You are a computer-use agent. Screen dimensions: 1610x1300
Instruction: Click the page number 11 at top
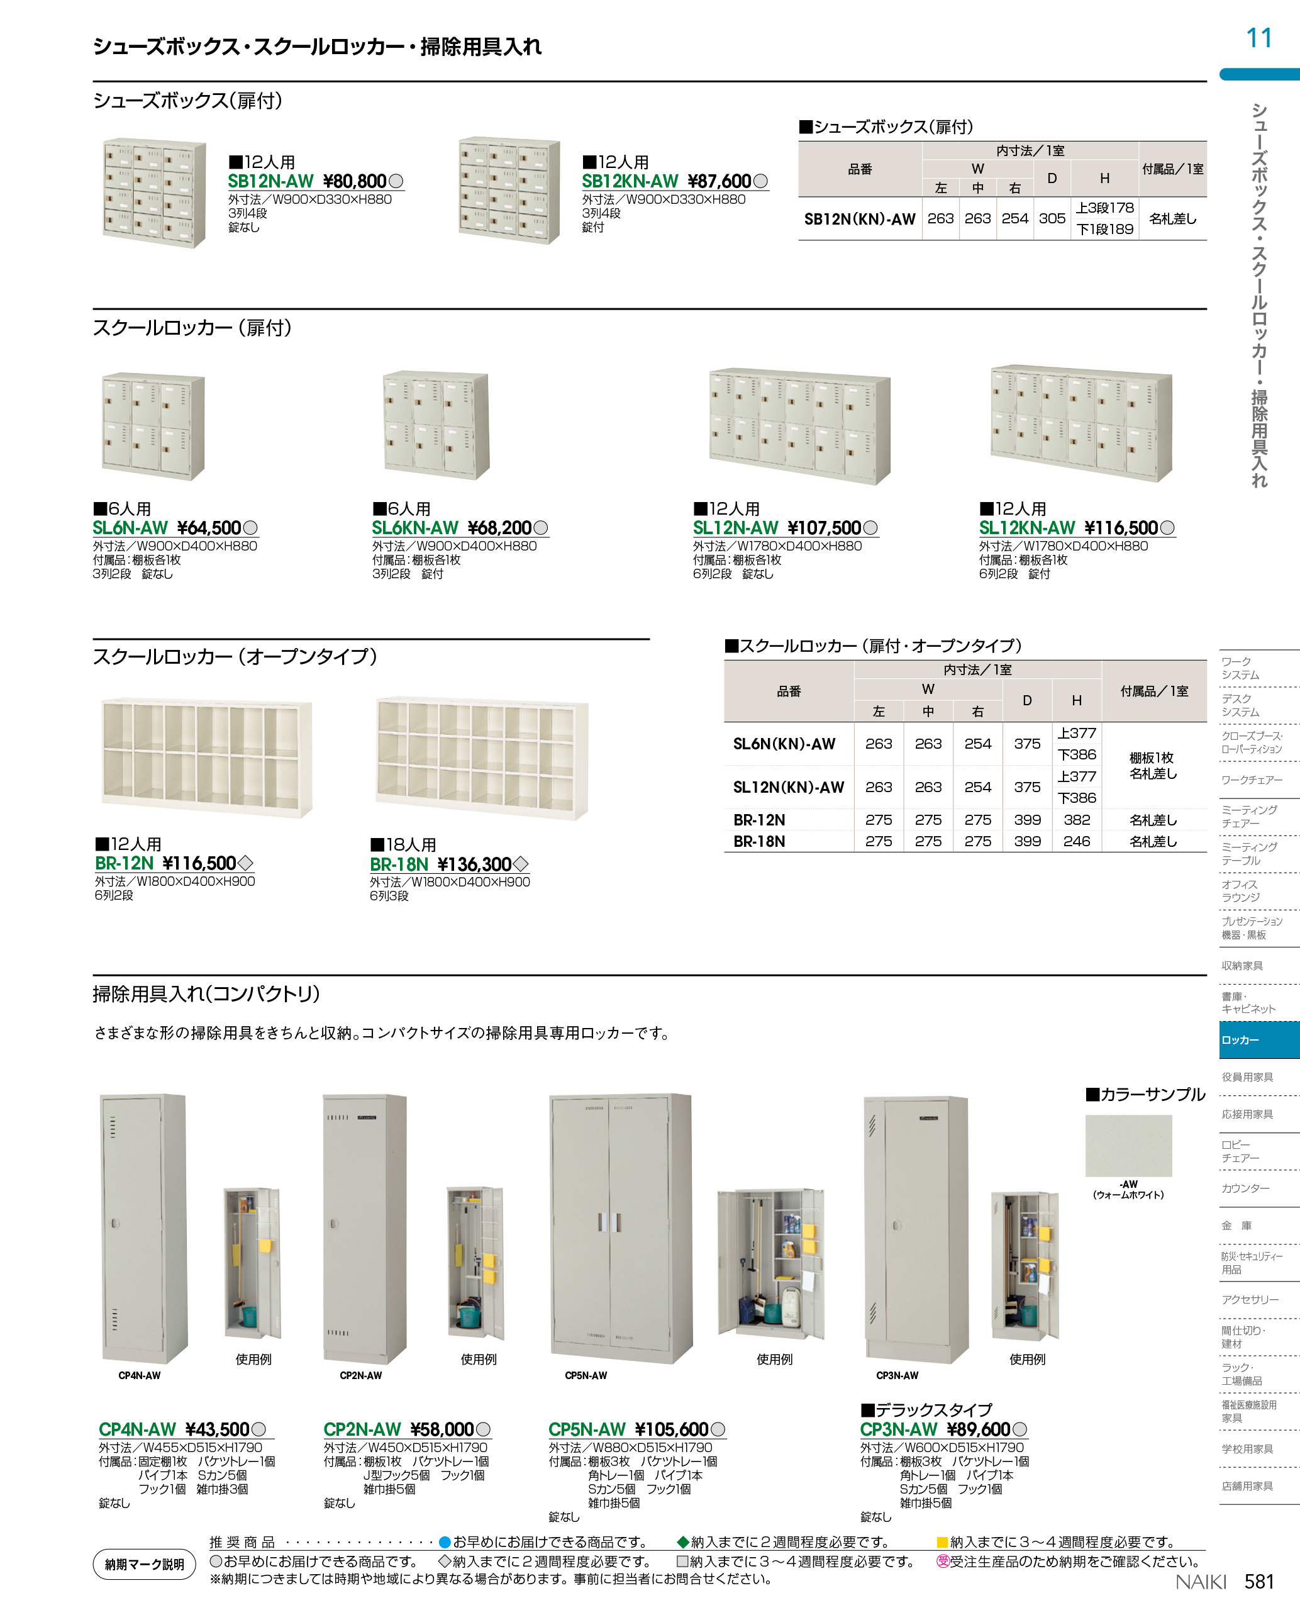coord(1259,38)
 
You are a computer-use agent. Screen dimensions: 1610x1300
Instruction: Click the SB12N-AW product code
coord(270,181)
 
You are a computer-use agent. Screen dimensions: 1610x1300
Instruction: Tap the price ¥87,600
coord(719,181)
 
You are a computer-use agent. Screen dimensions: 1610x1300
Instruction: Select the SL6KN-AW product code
coord(415,528)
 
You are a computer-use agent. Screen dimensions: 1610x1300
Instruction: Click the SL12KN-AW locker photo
coord(1081,423)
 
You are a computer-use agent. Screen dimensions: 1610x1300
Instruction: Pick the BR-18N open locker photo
coord(482,758)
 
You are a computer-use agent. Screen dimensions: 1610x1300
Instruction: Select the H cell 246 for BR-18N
coord(1076,841)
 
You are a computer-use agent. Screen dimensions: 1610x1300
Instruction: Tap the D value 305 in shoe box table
coord(1052,219)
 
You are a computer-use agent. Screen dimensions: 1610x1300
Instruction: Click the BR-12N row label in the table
coord(759,820)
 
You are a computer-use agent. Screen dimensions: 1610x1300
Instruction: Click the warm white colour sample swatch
coord(1128,1146)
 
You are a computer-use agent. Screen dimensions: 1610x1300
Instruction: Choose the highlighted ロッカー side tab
coord(1258,1040)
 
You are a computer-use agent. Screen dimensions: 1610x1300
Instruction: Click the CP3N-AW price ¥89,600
coord(978,1429)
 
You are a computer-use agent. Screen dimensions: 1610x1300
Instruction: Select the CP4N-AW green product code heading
coord(137,1429)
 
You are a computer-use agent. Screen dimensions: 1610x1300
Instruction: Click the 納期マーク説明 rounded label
coord(144,1564)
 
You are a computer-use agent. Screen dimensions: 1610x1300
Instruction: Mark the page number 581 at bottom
coord(1259,1582)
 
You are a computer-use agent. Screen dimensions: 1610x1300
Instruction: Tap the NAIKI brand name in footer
coord(1201,1582)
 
